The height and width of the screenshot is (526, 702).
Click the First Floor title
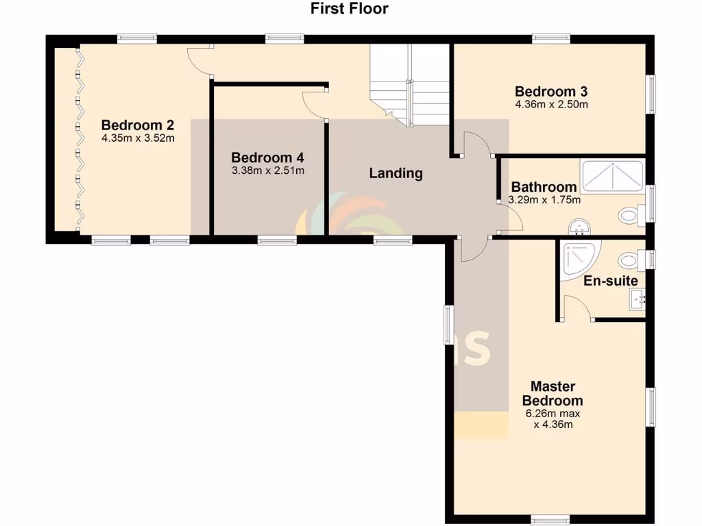349,9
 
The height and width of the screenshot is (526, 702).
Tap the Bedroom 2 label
137,125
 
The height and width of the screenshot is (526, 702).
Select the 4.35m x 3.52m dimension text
138,138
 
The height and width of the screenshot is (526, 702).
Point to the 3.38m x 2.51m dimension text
268,170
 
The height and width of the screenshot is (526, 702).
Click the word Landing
396,173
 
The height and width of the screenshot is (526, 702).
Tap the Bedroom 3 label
551,92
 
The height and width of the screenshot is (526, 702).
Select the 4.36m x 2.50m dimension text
552,105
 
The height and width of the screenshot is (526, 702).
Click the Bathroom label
544,187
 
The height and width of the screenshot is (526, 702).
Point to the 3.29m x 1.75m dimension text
544,200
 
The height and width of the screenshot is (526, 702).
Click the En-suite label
610,281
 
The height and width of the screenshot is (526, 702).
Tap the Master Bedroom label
553,394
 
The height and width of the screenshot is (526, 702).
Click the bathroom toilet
630,216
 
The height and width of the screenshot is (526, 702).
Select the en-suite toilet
630,260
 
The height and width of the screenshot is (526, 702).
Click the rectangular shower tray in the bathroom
612,176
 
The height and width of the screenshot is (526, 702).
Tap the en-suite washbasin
638,299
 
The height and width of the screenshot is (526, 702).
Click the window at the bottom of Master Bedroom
553,517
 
